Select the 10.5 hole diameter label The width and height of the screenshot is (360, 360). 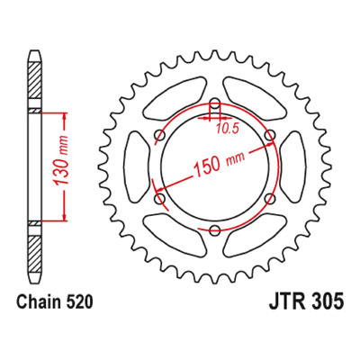point(227,129)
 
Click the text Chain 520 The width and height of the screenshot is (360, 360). point(55,301)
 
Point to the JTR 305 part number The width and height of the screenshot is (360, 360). point(306,301)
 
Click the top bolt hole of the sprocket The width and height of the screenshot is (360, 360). point(215,103)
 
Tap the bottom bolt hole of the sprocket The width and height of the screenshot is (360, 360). point(215,230)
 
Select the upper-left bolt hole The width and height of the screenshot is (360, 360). point(160,135)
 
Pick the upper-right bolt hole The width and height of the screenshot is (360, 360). point(270,135)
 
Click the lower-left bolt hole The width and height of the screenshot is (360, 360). point(160,199)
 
